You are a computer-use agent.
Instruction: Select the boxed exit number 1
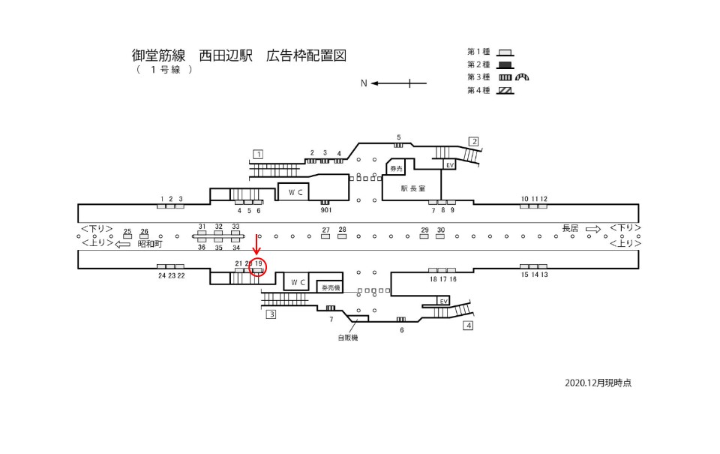coord(258,155)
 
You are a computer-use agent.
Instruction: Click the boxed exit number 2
coord(474,141)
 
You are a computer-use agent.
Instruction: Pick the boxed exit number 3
coord(271,314)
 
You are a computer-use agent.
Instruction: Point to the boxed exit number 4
coord(469,326)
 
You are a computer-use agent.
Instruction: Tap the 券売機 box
coord(331,287)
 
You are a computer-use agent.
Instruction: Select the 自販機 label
coord(348,338)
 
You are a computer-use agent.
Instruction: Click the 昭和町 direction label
coord(151,244)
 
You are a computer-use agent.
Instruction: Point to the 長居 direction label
coord(571,228)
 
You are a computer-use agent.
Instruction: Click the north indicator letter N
coord(364,83)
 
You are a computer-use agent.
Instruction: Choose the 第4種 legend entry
coord(478,91)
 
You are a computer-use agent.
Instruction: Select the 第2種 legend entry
coord(478,65)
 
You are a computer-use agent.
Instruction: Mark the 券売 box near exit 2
coord(395,169)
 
